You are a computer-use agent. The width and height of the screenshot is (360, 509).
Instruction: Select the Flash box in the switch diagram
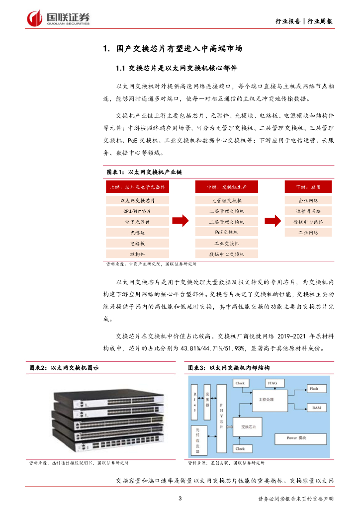[314, 389]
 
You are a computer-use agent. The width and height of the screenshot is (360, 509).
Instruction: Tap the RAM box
[316, 407]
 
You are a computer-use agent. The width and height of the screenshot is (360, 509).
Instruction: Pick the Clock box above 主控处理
[240, 383]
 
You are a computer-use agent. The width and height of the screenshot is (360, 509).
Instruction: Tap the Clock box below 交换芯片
[240, 448]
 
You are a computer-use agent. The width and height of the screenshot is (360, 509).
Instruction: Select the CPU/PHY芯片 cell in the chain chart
[137, 211]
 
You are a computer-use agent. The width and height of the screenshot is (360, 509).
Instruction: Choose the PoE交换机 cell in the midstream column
[226, 232]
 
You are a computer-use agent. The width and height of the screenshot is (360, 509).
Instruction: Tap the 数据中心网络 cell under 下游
[308, 222]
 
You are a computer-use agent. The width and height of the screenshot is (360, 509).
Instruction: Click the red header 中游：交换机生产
[226, 187]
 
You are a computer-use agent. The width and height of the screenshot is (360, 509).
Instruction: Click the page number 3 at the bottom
[180, 499]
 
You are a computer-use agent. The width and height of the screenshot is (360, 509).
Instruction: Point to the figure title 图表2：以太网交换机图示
[64, 368]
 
